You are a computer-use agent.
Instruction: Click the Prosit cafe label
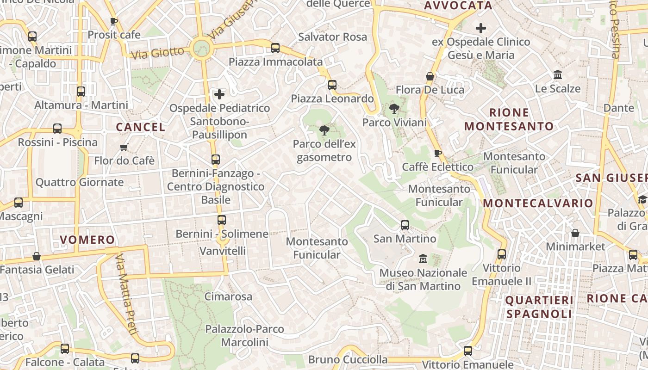pyautogui.click(x=114, y=35)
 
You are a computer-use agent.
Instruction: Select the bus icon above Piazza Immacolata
pyautogui.click(x=275, y=48)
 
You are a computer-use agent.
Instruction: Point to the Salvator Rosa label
pyautogui.click(x=332, y=37)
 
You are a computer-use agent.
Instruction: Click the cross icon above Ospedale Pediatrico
pyautogui.click(x=219, y=94)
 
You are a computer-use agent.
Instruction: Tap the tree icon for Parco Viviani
pyautogui.click(x=394, y=109)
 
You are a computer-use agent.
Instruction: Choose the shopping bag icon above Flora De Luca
pyautogui.click(x=430, y=76)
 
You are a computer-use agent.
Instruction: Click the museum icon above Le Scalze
pyautogui.click(x=558, y=75)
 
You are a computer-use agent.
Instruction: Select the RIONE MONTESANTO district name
pyautogui.click(x=509, y=119)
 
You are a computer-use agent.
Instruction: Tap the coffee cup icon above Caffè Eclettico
pyautogui.click(x=438, y=153)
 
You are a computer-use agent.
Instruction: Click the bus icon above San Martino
pyautogui.click(x=405, y=225)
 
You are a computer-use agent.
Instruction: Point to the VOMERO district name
pyautogui.click(x=87, y=240)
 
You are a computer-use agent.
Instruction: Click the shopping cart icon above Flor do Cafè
pyautogui.click(x=124, y=148)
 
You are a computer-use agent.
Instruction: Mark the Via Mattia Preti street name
pyautogui.click(x=126, y=294)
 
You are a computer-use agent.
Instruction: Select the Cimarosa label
pyautogui.click(x=228, y=296)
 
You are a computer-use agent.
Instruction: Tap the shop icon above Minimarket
pyautogui.click(x=575, y=233)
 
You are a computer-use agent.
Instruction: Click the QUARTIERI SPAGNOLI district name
pyautogui.click(x=539, y=307)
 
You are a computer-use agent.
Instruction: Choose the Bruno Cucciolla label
pyautogui.click(x=348, y=359)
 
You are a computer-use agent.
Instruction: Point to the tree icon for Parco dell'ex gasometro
pyautogui.click(x=324, y=130)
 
